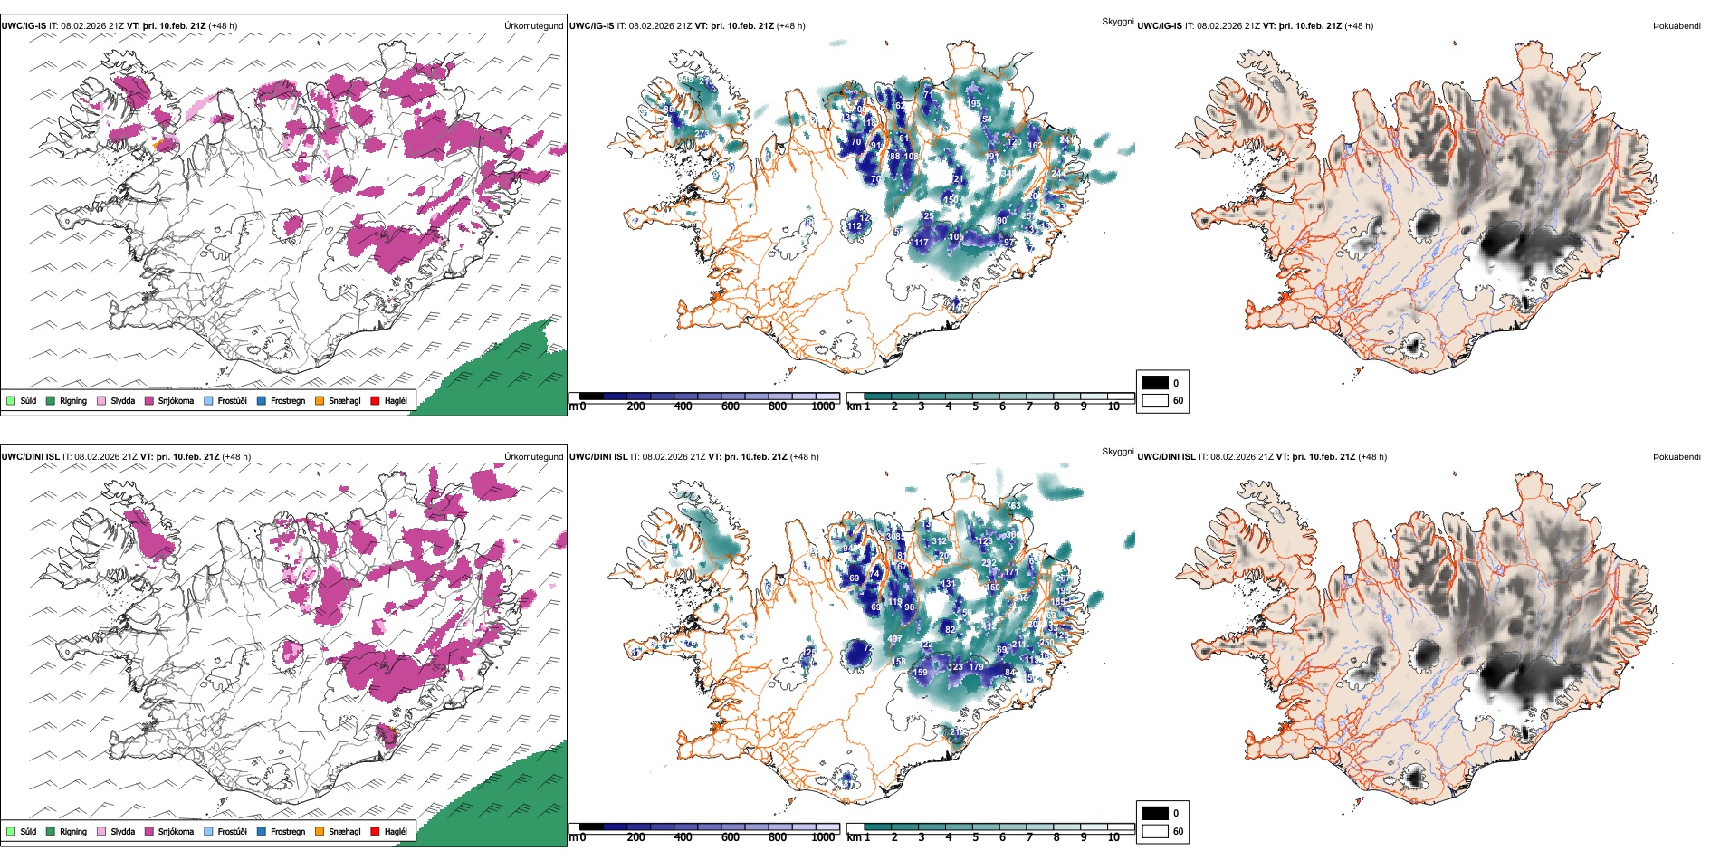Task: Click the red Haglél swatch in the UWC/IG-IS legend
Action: (375, 400)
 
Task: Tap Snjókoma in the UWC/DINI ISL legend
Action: (175, 831)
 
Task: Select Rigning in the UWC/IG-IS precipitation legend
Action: (72, 400)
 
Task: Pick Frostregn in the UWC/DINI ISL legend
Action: (287, 831)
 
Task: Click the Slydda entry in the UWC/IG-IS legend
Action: (122, 400)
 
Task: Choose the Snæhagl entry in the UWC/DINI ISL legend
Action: (343, 831)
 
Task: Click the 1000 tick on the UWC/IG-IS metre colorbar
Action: (823, 406)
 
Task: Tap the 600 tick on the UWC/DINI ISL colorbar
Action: (730, 837)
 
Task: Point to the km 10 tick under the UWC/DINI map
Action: (1113, 837)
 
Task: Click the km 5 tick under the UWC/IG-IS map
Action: (975, 406)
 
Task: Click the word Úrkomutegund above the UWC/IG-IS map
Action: (533, 26)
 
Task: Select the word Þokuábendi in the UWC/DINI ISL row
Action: (1677, 457)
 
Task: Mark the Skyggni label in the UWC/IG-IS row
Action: (1117, 22)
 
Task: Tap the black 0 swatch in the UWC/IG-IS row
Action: (1155, 383)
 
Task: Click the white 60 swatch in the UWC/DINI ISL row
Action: (1155, 831)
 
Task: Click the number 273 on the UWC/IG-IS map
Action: (702, 135)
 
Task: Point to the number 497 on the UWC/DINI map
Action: (894, 640)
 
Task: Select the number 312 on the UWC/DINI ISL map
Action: (940, 541)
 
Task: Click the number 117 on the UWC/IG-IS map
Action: (921, 243)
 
